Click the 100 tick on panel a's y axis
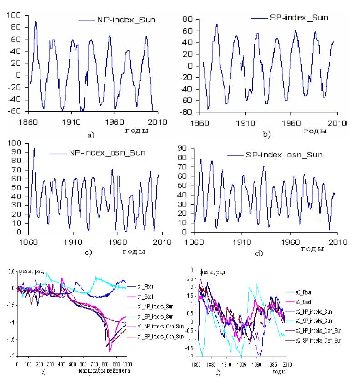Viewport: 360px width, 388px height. (15, 15)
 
